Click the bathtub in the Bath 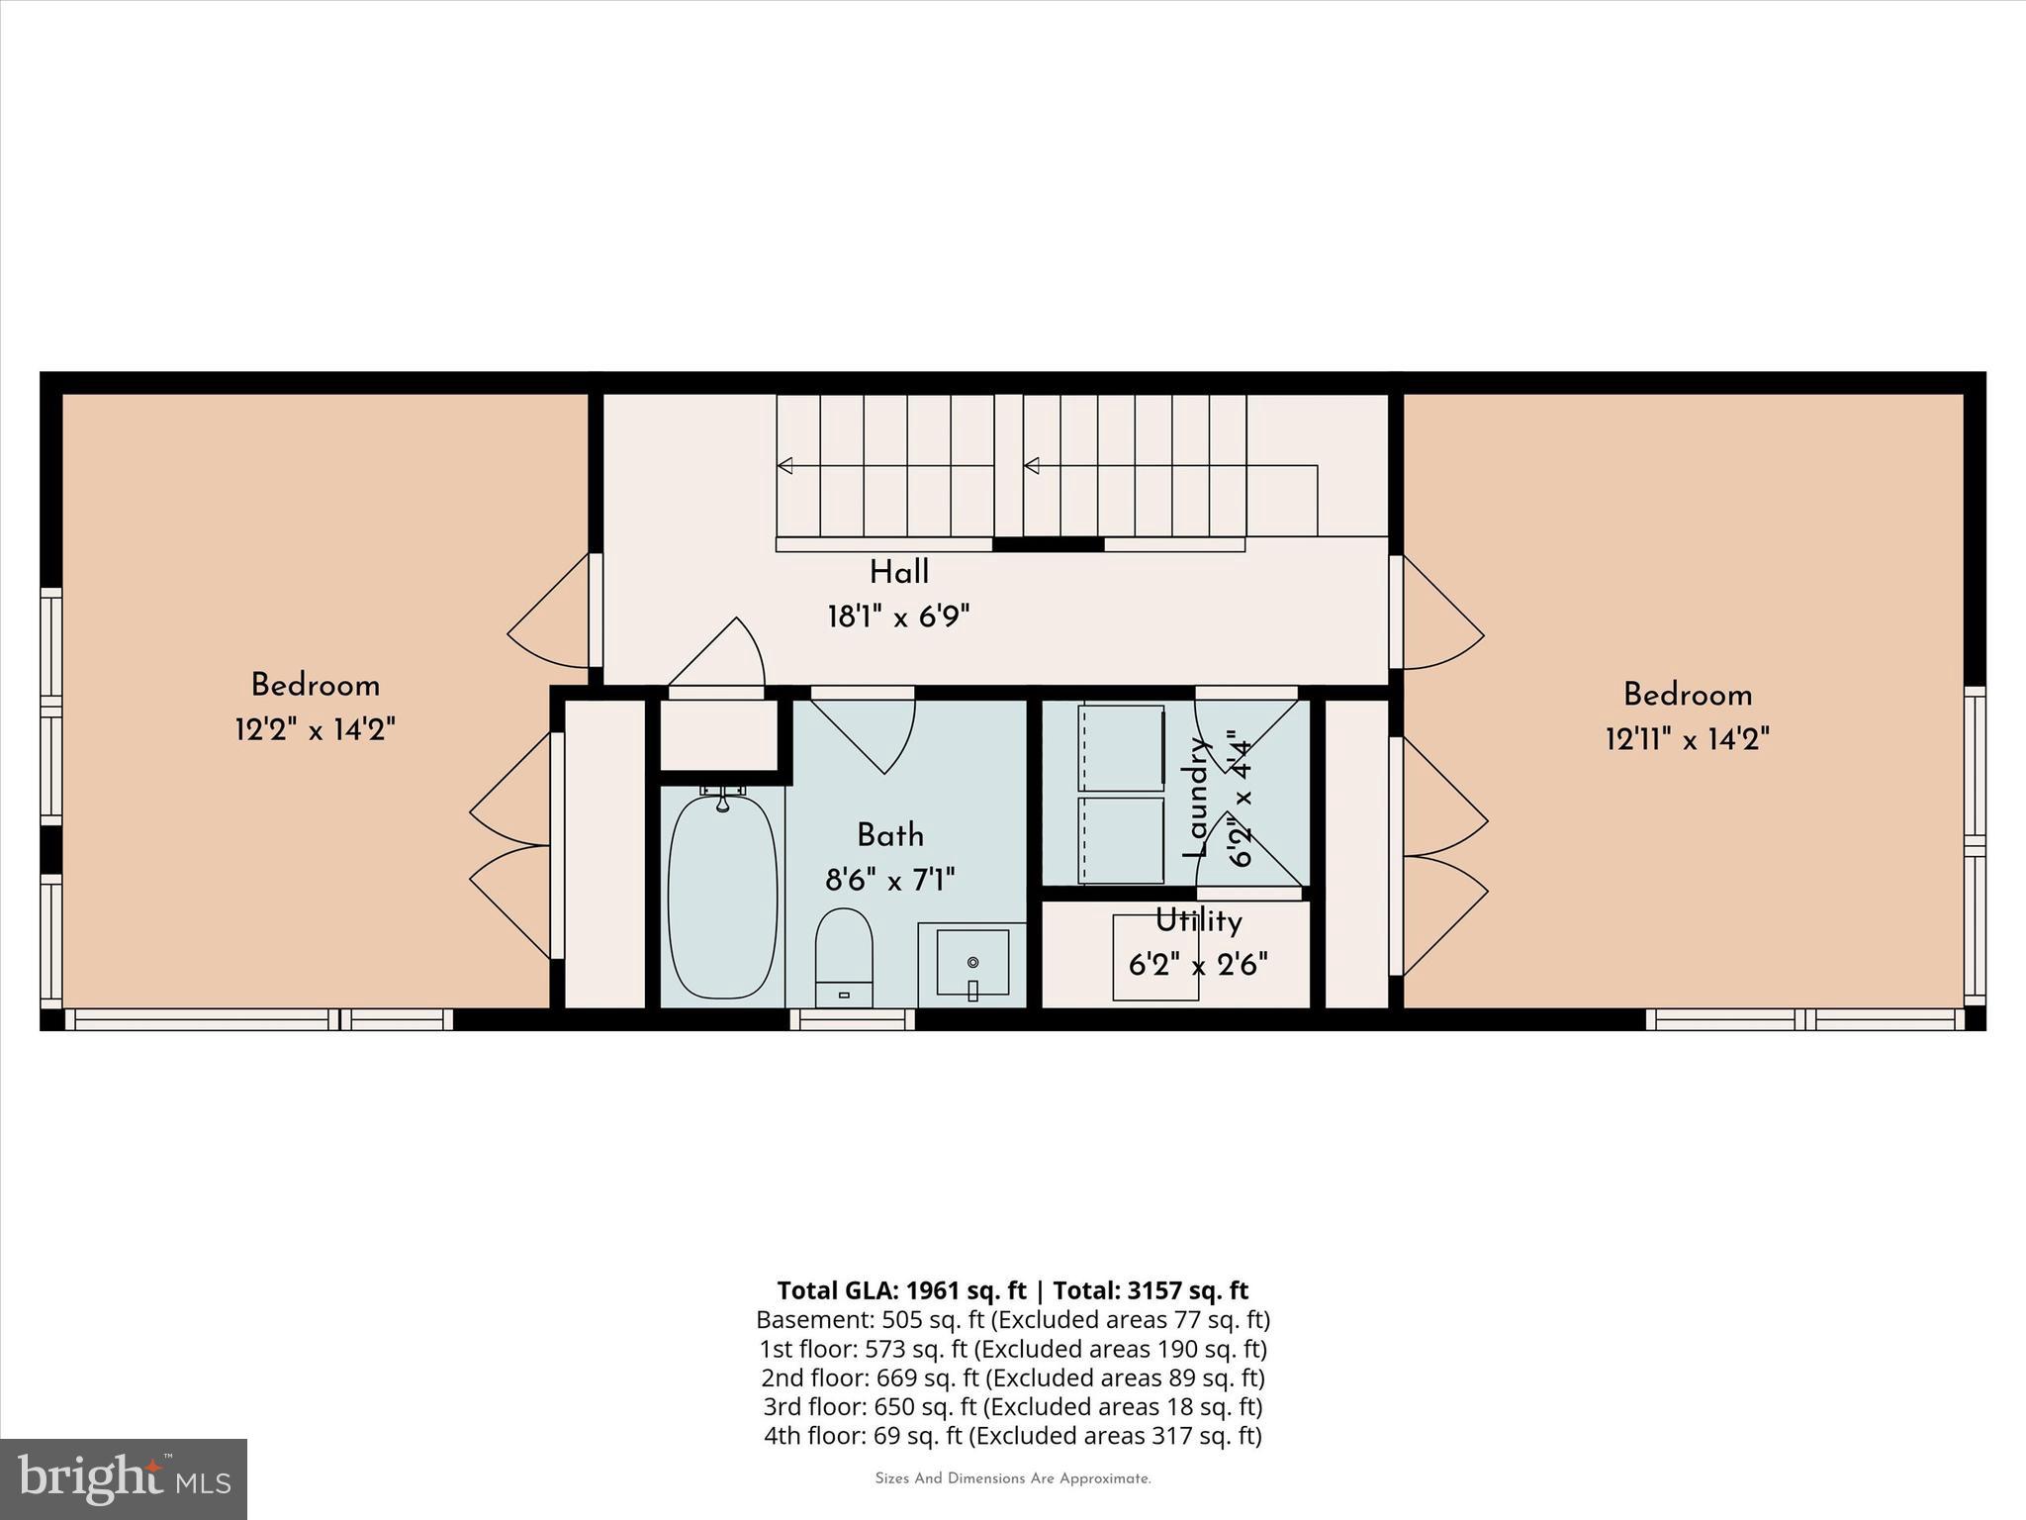(722, 897)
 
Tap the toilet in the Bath (844, 956)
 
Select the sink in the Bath (972, 962)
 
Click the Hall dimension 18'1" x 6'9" (898, 617)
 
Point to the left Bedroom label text (315, 685)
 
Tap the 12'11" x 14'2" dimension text (1687, 738)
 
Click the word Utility (1198, 921)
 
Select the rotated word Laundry (1197, 798)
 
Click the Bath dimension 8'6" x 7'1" (890, 879)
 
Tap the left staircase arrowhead (785, 465)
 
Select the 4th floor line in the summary (1012, 1435)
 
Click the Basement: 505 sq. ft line (1012, 1319)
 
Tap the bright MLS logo (124, 1478)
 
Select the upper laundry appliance (1121, 747)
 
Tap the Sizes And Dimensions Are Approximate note (1012, 1478)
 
